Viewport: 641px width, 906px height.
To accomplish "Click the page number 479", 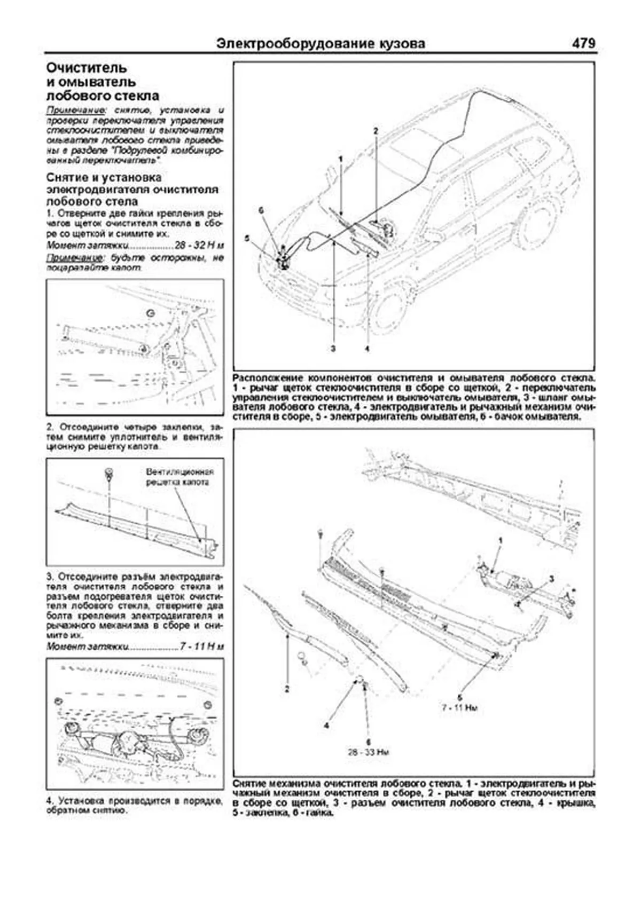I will coord(583,43).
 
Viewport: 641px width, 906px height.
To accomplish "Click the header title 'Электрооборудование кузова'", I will coord(321,44).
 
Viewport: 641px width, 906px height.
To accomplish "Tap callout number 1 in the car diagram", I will coord(340,159).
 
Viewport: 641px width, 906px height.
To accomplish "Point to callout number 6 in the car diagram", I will coord(261,211).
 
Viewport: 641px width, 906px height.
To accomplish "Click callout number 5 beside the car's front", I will coord(247,239).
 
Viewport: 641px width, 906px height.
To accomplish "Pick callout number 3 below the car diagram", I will coord(333,349).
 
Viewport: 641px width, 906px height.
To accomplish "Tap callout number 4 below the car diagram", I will coord(367,349).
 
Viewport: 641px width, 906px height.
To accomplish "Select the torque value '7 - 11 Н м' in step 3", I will coord(202,647).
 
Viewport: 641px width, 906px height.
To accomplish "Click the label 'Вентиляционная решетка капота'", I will coord(179,477).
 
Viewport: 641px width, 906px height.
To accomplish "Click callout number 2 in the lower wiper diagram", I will coord(287,689).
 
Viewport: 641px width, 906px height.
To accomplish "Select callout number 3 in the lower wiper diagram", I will coord(552,578).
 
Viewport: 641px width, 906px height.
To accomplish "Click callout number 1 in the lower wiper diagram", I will coord(501,541).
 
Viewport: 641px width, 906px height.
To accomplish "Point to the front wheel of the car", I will coord(392,310).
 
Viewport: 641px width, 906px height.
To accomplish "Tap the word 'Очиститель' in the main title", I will coord(87,68).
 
